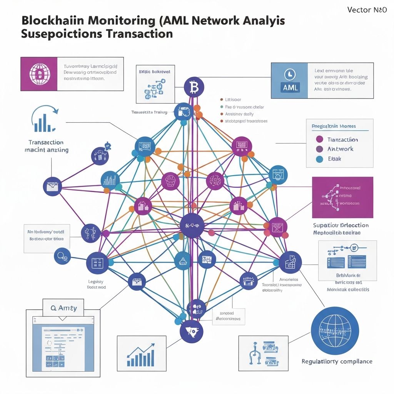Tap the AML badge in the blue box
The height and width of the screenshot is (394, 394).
tap(290, 87)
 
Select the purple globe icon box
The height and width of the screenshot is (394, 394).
tap(38, 74)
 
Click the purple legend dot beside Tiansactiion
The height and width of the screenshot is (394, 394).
tap(319, 139)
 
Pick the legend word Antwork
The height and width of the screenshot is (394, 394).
tap(340, 149)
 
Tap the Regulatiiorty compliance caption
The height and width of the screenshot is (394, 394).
tap(337, 361)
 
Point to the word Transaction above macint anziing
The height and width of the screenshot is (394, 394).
tap(46, 142)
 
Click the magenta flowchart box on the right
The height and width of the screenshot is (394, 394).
tap(342, 197)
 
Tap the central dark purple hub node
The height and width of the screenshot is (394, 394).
tap(192, 225)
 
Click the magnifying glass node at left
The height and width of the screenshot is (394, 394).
tap(62, 255)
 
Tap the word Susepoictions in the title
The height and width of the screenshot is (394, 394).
tap(62, 33)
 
